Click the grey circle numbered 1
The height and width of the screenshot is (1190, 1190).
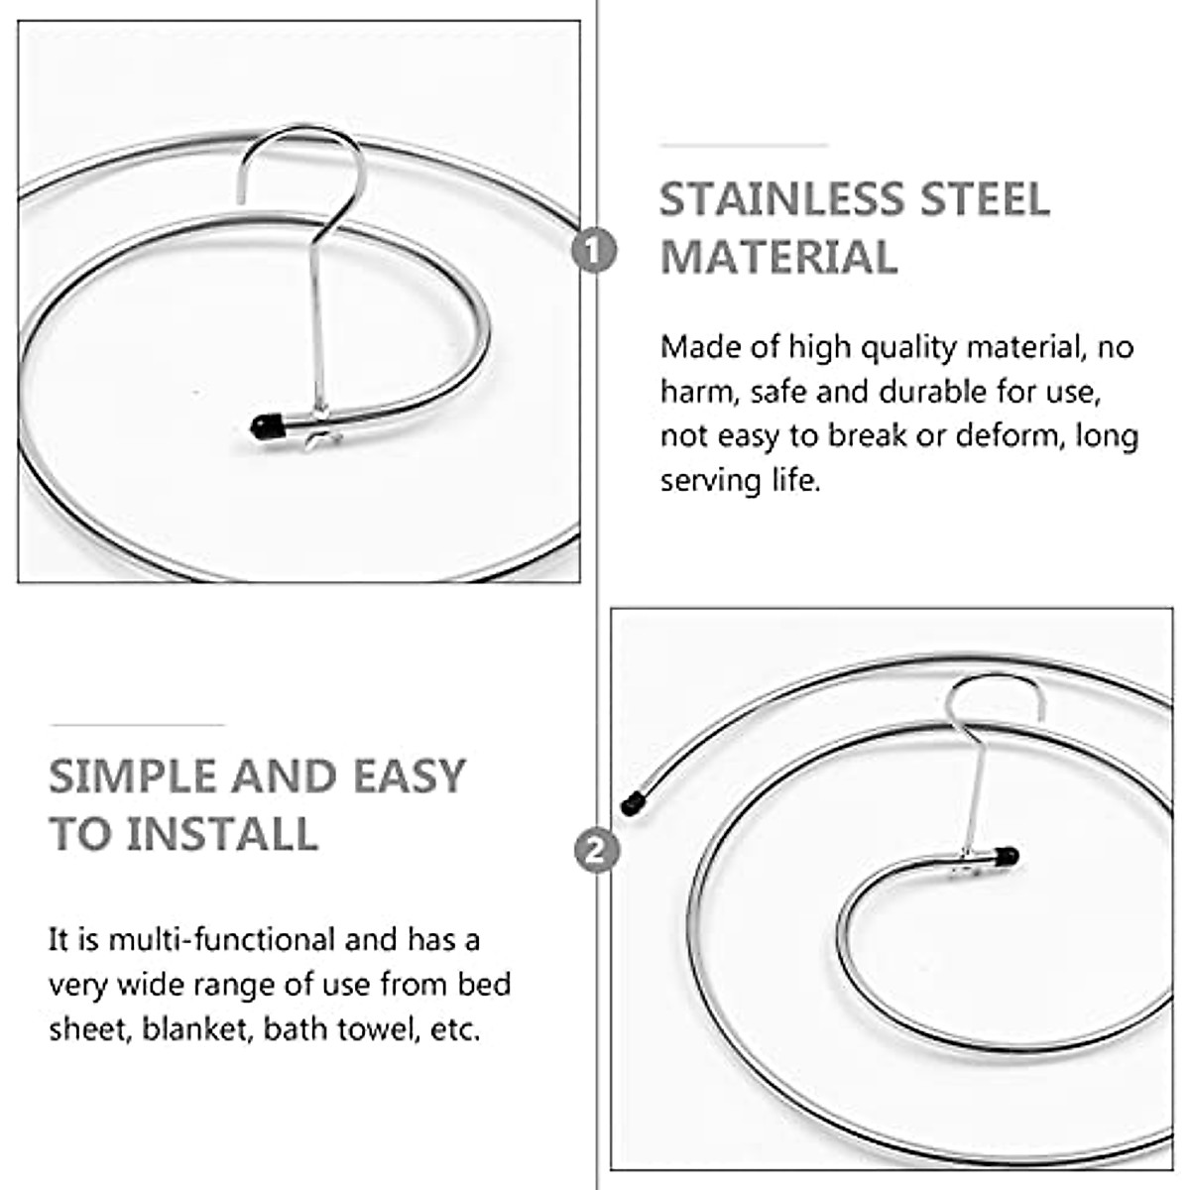(594, 249)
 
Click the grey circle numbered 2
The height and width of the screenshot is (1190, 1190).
(597, 850)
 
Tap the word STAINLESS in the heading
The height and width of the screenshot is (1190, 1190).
(776, 199)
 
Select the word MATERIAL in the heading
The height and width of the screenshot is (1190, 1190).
(779, 258)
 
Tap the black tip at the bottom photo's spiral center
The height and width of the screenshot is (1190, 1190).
(1008, 854)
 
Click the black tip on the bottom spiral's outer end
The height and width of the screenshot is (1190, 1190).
(630, 803)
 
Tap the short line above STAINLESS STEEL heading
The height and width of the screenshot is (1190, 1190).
(744, 145)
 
